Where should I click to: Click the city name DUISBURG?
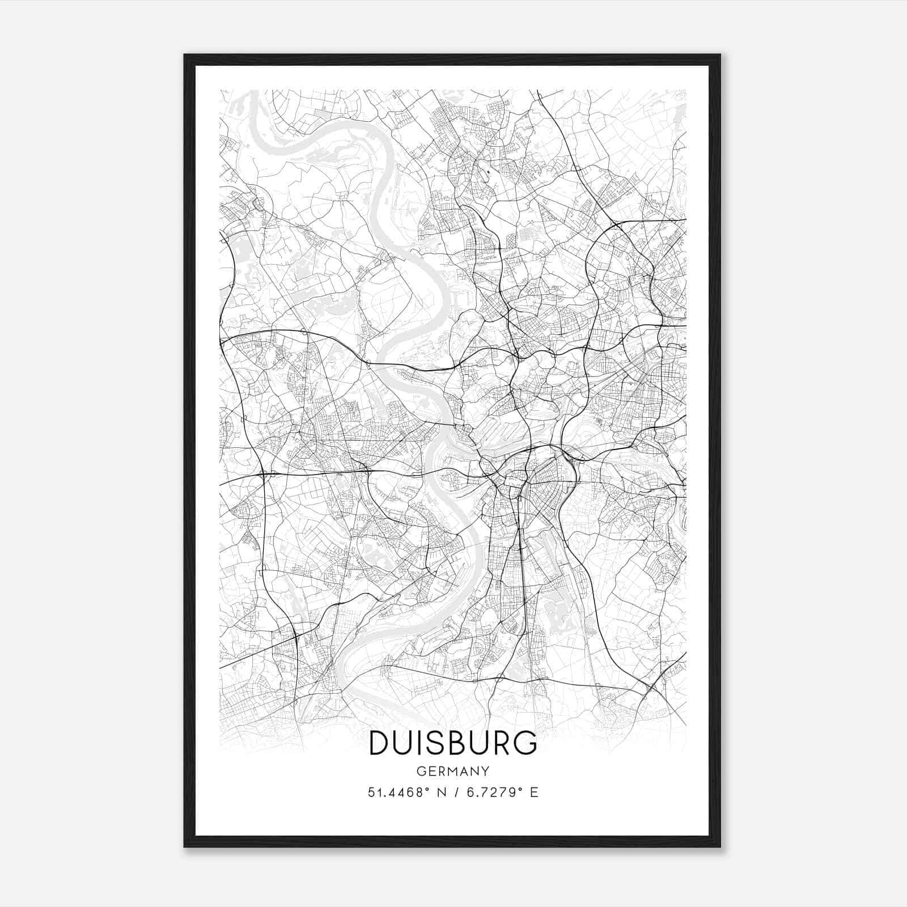click(x=453, y=743)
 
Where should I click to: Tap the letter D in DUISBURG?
click(x=380, y=743)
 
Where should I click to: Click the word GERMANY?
click(x=453, y=771)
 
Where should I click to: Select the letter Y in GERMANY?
click(x=486, y=771)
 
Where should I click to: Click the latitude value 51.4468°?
click(x=397, y=792)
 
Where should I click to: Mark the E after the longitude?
click(x=534, y=792)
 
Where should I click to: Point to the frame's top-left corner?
click(x=185, y=55)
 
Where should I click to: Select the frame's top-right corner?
click(x=719, y=55)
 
